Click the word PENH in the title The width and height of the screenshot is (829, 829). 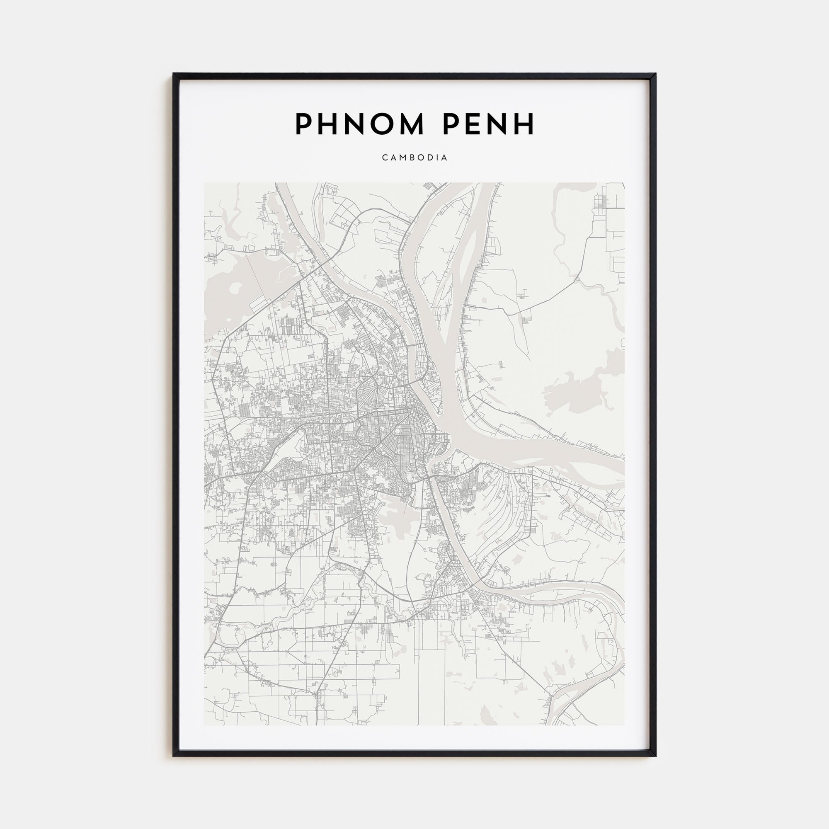[x=488, y=124]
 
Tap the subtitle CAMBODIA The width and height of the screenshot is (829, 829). [x=414, y=158]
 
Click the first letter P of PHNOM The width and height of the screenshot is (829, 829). [x=303, y=124]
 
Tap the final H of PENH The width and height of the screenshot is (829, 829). [x=525, y=124]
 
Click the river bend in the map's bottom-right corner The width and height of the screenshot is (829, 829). [x=609, y=669]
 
